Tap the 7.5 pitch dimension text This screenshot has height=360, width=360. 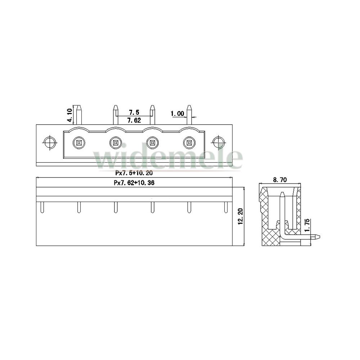[x=134, y=112]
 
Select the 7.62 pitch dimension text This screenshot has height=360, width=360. [x=134, y=120]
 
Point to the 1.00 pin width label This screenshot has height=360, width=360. [x=177, y=113]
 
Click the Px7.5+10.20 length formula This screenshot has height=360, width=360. [x=134, y=173]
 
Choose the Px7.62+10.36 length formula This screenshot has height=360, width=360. [x=134, y=183]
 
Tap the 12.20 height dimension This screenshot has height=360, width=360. [x=240, y=216]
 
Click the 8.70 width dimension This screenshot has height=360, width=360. [x=280, y=180]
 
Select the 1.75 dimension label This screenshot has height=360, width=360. [x=307, y=226]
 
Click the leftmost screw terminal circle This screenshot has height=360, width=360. [x=79, y=143]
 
